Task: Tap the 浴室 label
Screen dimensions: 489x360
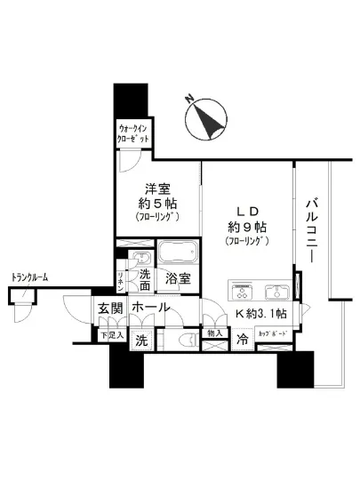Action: click(x=178, y=278)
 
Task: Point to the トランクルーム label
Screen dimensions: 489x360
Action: click(x=29, y=278)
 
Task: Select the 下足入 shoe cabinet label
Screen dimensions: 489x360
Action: click(x=109, y=334)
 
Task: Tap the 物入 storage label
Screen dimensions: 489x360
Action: click(x=214, y=333)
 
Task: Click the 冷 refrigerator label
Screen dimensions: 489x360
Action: click(x=243, y=339)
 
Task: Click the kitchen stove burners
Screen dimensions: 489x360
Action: click(x=244, y=291)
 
